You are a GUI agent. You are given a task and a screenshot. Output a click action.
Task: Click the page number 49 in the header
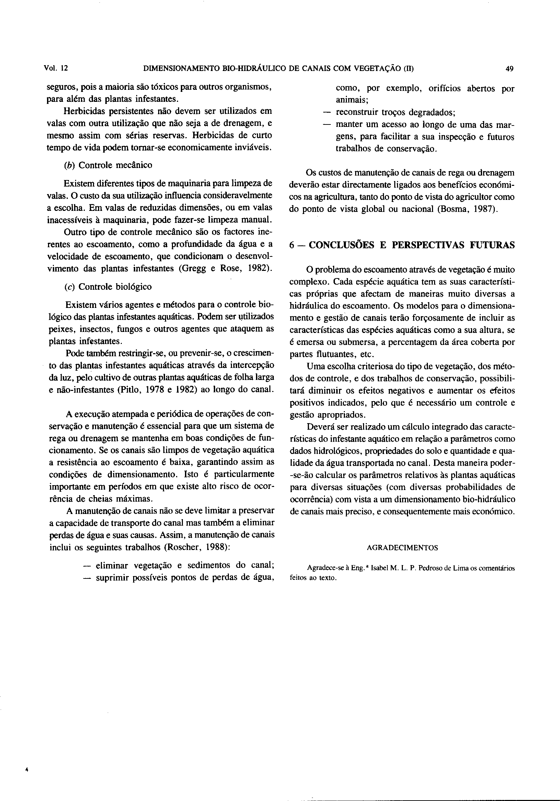[509, 69]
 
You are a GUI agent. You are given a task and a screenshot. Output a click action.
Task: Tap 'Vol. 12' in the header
[56, 68]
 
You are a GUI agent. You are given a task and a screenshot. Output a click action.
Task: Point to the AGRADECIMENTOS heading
[402, 548]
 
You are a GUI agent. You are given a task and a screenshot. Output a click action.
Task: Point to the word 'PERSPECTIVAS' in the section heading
[428, 245]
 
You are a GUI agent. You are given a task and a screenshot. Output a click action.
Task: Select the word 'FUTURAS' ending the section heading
[492, 245]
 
